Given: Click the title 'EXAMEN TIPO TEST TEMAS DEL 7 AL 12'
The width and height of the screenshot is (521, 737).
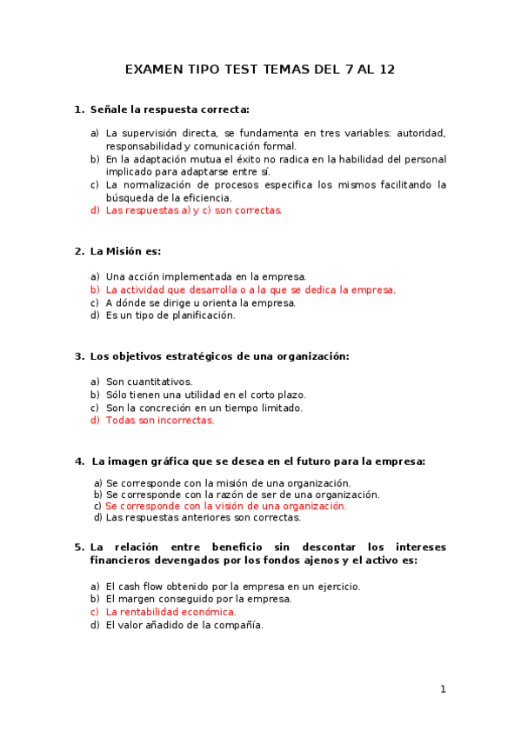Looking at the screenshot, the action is click(x=260, y=70).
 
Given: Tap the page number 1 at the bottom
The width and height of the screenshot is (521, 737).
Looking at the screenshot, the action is click(x=443, y=689).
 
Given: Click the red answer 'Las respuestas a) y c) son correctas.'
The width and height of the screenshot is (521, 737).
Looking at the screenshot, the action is click(x=193, y=210).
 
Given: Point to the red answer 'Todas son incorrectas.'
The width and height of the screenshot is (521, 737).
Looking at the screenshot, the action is click(x=159, y=421).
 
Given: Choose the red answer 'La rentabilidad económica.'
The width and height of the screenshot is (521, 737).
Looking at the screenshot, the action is click(x=170, y=612).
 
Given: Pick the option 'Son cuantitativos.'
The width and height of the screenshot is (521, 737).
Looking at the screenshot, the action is click(x=149, y=382).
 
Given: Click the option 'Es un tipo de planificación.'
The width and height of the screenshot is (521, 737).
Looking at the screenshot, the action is click(x=170, y=315).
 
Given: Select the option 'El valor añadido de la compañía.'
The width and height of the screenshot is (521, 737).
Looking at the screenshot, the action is click(x=184, y=625).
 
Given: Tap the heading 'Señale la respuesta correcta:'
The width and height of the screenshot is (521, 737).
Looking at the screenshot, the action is click(x=169, y=110).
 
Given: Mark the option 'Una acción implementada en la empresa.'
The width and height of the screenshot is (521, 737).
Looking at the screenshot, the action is click(x=205, y=276).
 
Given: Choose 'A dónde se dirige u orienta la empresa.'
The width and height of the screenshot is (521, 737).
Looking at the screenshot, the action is click(x=200, y=302).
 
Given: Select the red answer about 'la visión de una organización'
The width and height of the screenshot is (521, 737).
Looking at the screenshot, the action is click(x=225, y=506).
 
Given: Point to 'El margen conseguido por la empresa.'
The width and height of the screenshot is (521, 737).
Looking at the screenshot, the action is click(x=198, y=599).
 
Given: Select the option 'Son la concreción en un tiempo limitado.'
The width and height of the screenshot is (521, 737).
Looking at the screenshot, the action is click(x=204, y=408).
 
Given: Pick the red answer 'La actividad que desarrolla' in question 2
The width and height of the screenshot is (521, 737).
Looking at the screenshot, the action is click(x=250, y=289).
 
